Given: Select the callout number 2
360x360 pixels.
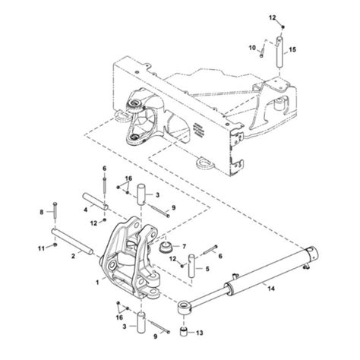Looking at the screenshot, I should [73, 257].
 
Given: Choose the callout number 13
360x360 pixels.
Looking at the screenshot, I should [201, 333].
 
